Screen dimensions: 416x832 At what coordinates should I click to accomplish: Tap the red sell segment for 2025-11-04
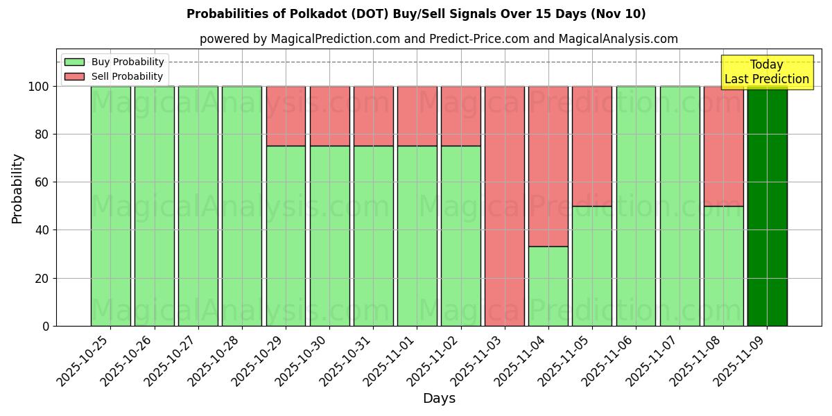tap(548, 166)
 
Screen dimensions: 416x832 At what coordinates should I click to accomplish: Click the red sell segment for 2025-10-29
tap(286, 116)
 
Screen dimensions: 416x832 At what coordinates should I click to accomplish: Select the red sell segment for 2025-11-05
tap(592, 146)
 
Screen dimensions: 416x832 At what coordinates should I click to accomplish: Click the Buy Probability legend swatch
tap(74, 62)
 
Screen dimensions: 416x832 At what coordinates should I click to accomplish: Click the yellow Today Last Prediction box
tap(766, 72)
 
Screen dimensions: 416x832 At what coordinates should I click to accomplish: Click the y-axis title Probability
tap(17, 188)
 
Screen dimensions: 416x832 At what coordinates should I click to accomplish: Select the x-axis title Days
tap(439, 399)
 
